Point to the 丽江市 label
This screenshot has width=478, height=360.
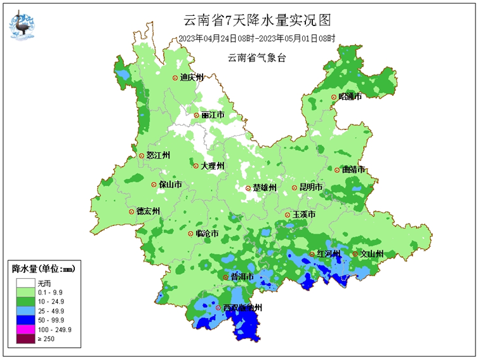(213, 116)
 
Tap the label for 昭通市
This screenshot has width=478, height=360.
(350, 97)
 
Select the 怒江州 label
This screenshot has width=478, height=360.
(158, 156)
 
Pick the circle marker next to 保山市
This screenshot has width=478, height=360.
(153, 185)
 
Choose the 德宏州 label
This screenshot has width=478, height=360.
(148, 211)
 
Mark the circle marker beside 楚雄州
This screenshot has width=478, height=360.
(248, 188)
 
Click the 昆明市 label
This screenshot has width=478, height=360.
(311, 188)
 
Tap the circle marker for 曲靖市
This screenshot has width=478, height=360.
(337, 170)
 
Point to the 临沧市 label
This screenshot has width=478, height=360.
(208, 234)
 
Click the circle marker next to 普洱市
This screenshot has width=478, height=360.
(225, 277)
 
